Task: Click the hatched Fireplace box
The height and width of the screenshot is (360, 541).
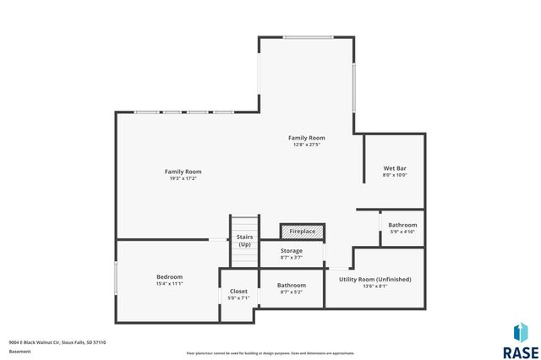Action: (x=303, y=232)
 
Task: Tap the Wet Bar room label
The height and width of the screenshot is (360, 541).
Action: (x=395, y=168)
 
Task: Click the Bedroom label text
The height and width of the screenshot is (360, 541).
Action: (x=169, y=277)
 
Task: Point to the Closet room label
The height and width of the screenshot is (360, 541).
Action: (x=238, y=292)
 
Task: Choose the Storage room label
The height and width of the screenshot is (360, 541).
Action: (x=292, y=251)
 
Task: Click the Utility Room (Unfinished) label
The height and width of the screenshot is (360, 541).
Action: (x=374, y=279)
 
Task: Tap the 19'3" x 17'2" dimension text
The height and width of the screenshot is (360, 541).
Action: (x=183, y=179)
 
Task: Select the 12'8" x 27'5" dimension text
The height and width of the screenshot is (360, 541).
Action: (x=306, y=145)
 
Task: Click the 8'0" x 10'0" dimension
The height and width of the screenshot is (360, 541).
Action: (x=395, y=176)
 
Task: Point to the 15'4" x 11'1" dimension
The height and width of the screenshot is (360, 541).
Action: (x=169, y=284)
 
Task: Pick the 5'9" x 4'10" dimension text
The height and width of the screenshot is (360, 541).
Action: (x=402, y=232)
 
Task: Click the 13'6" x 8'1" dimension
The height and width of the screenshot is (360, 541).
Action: (x=374, y=286)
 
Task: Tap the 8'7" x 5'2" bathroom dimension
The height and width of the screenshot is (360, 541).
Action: (x=292, y=292)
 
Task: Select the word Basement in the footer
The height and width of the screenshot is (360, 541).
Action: (x=19, y=351)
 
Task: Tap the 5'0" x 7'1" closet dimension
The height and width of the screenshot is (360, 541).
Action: (x=238, y=298)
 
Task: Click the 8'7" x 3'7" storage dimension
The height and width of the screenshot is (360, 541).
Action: (x=292, y=258)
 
